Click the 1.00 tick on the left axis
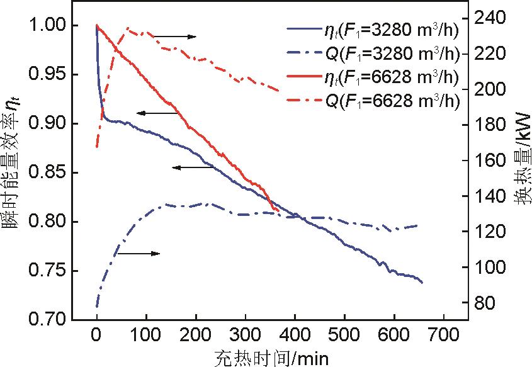click(x=47, y=26)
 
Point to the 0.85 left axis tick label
click(x=47, y=173)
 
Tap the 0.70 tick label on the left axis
click(x=47, y=320)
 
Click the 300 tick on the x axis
click(x=245, y=333)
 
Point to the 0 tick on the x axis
click(x=96, y=333)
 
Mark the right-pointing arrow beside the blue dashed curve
click(x=138, y=254)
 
